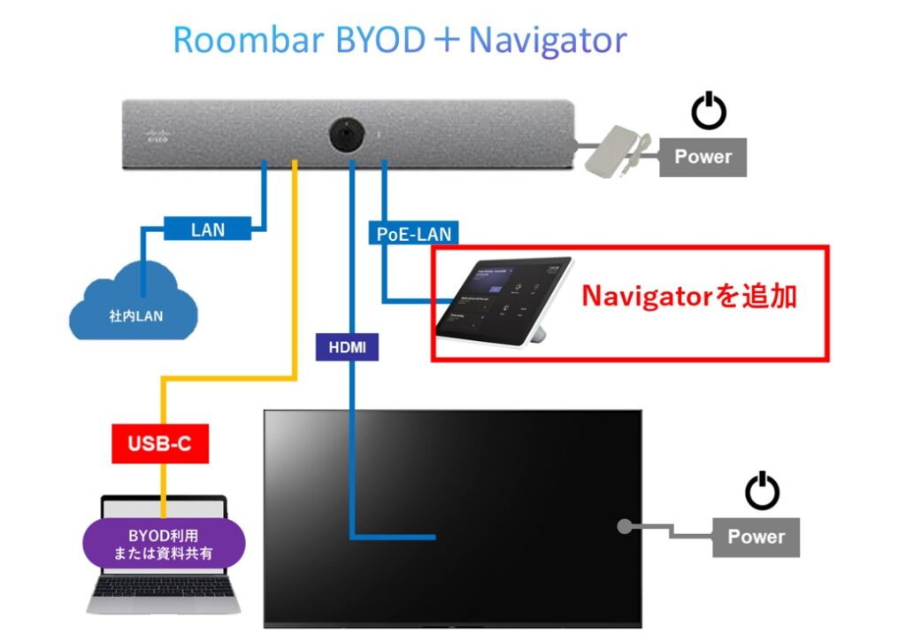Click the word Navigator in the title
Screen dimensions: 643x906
pos(548,40)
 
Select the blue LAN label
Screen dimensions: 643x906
pos(208,229)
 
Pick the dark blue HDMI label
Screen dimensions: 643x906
pos(347,347)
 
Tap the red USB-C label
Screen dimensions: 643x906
pos(160,443)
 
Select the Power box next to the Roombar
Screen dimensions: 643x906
pos(703,157)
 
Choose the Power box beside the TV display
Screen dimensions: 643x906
pos(756,537)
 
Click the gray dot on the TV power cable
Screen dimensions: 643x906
pos(623,526)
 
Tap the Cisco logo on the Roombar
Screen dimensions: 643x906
pos(156,136)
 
